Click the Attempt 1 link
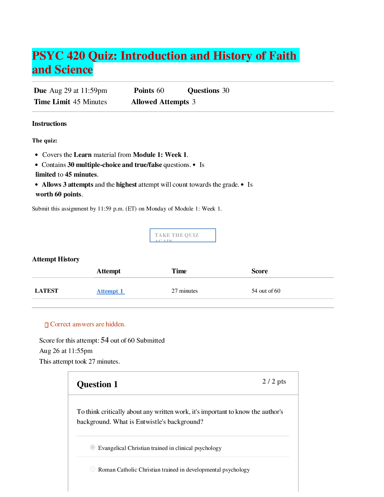[x=110, y=291]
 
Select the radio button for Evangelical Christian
[x=93, y=447]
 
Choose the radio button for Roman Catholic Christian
[x=93, y=469]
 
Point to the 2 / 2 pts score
[x=274, y=381]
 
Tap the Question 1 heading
[x=97, y=384]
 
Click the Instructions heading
[x=49, y=124]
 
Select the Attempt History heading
[x=56, y=259]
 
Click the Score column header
[x=259, y=271]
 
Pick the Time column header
[x=179, y=271]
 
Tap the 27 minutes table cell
[x=184, y=291]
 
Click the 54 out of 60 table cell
[x=266, y=291]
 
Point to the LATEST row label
[x=46, y=291]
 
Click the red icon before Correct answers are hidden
[x=46, y=325]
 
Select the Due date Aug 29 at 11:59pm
[x=78, y=91]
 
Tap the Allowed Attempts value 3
[x=194, y=102]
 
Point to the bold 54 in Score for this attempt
[x=105, y=340]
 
